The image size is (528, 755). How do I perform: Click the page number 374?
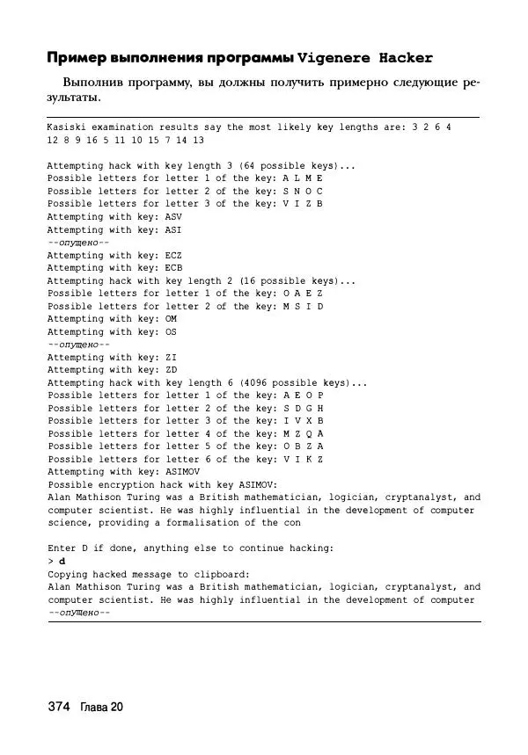(x=58, y=708)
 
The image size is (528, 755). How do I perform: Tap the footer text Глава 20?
(x=101, y=708)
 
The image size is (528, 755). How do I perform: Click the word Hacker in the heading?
(x=406, y=59)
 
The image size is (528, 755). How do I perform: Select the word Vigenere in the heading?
(x=335, y=59)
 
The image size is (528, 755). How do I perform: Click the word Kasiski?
(x=69, y=127)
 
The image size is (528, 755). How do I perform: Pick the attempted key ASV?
(x=174, y=216)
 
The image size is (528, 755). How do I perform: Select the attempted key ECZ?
(x=174, y=255)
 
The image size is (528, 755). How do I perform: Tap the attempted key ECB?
(x=174, y=267)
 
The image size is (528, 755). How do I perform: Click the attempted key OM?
(x=171, y=319)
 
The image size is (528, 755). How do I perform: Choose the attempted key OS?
(x=171, y=331)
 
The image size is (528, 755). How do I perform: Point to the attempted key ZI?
(x=171, y=357)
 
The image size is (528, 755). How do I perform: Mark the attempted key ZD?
(x=171, y=370)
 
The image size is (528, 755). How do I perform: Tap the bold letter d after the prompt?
(x=61, y=561)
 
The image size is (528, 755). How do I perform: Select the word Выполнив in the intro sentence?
(x=93, y=83)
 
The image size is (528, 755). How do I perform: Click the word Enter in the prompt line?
(x=62, y=548)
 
